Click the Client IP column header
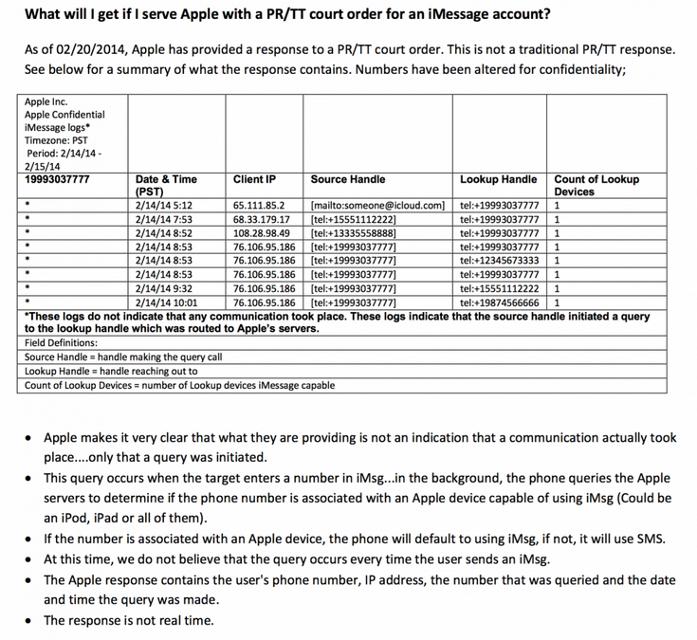pos(254,179)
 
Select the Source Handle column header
pos(347,179)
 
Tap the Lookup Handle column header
pos(498,179)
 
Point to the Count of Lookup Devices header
pos(596,185)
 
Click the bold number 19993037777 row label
pos(57,179)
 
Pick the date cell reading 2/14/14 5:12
pos(165,205)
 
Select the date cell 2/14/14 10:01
pos(168,302)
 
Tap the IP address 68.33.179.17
pos(261,219)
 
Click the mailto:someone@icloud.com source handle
pos(377,205)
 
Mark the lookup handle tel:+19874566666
pos(499,302)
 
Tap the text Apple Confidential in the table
pos(64,115)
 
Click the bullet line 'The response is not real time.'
pos(128,620)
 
